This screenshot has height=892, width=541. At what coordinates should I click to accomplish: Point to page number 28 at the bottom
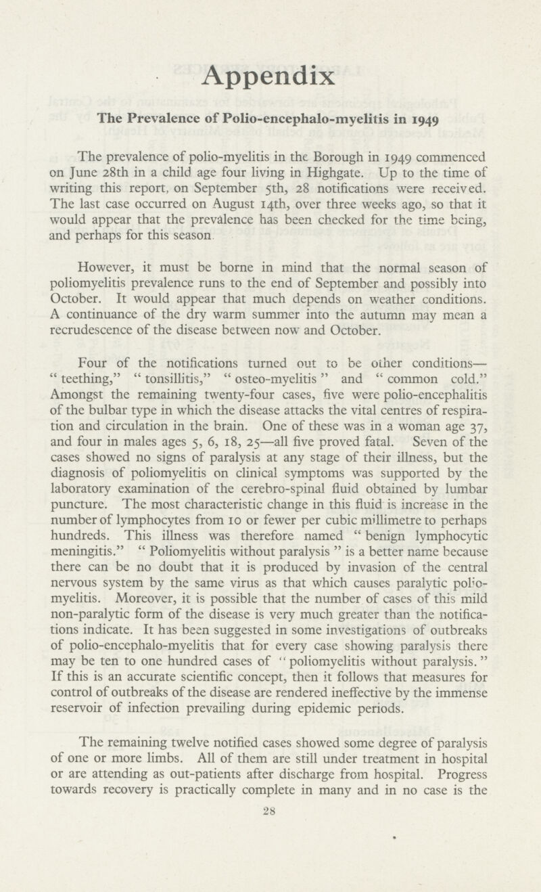pyautogui.click(x=270, y=816)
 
